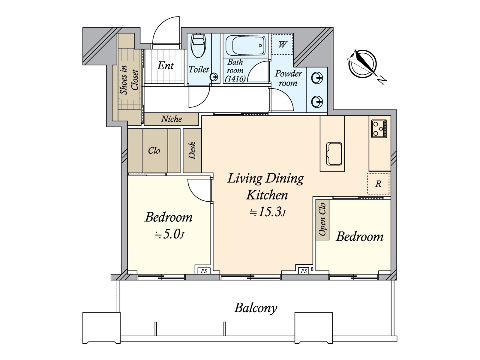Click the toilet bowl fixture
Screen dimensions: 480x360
point(198,46)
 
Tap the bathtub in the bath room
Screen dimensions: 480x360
point(245,46)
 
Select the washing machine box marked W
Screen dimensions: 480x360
point(282,44)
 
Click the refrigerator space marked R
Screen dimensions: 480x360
point(378,184)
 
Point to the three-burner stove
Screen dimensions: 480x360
point(379,129)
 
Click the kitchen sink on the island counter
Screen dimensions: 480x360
point(334,154)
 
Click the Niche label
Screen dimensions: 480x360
point(171,119)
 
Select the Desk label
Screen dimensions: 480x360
point(192,151)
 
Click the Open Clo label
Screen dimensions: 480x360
point(322,219)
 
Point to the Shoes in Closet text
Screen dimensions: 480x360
point(129,80)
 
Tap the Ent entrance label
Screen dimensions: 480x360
point(166,66)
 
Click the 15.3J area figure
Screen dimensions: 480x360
point(268,212)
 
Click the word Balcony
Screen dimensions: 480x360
point(256,308)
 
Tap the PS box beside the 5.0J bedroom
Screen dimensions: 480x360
point(204,271)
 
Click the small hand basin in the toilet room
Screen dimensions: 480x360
point(214,77)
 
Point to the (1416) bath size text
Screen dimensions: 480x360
point(235,79)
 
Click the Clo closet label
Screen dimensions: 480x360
point(154,151)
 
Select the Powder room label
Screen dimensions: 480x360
point(288,78)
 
